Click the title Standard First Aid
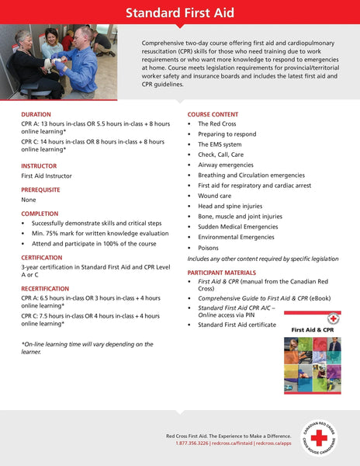click(x=179, y=12)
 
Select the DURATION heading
click(x=36, y=114)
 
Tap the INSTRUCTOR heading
click(x=39, y=165)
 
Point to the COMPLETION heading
click(x=40, y=213)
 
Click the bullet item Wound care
click(x=215, y=196)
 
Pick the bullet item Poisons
click(x=208, y=248)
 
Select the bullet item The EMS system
click(x=220, y=144)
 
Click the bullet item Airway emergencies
click(x=226, y=165)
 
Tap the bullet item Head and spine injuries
click(x=231, y=207)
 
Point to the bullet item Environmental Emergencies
click(x=237, y=237)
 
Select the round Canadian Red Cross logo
click(x=319, y=437)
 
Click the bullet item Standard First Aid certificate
click(x=237, y=325)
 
